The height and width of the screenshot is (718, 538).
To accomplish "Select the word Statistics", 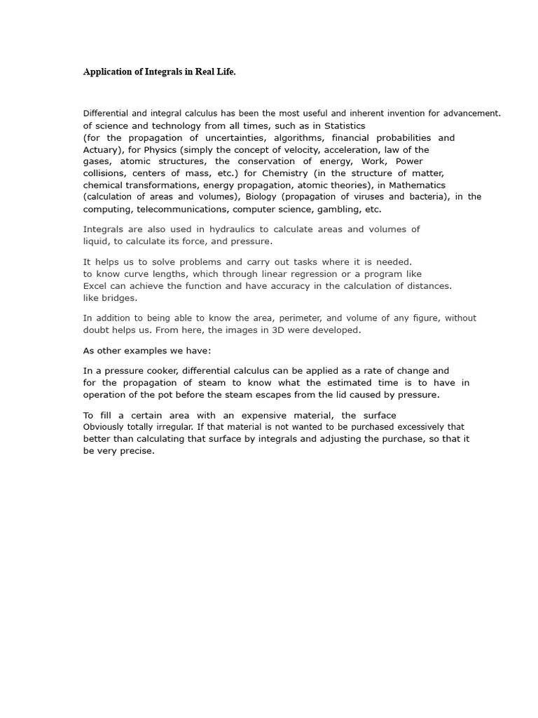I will [344, 126].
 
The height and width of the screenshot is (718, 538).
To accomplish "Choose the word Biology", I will [261, 196].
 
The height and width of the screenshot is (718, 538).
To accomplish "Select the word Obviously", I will [107, 427].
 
